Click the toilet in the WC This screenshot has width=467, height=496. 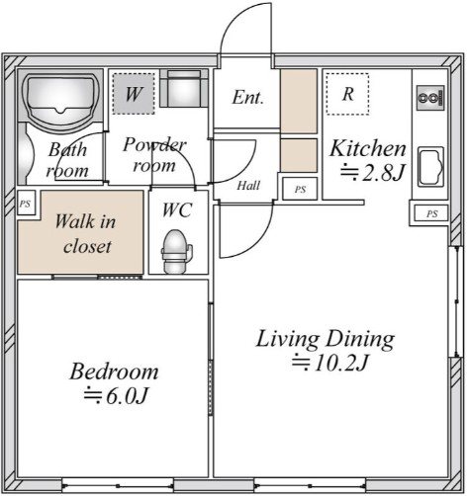(x=176, y=252)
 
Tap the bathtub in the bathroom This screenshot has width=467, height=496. (x=61, y=99)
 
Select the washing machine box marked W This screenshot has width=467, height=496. (x=134, y=94)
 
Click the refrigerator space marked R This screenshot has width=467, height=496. (x=347, y=94)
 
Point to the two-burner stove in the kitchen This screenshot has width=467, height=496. (x=430, y=98)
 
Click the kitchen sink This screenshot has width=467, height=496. (x=430, y=167)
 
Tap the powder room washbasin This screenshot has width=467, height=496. (x=184, y=88)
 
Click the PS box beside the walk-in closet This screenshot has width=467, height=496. (x=26, y=204)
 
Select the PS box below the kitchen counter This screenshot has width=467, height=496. (x=431, y=213)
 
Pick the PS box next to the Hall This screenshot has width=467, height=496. (x=300, y=189)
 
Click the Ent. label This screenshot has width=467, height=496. (x=248, y=98)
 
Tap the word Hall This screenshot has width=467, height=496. (x=248, y=186)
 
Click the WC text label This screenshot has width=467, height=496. (x=177, y=210)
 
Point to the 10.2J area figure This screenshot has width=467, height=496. (x=330, y=363)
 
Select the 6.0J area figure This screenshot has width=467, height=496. (x=116, y=395)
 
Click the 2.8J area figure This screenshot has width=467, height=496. (x=373, y=172)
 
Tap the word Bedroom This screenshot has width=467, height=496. (x=114, y=372)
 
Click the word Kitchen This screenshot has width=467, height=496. (x=368, y=148)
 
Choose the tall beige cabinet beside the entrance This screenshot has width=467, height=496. (x=299, y=101)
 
